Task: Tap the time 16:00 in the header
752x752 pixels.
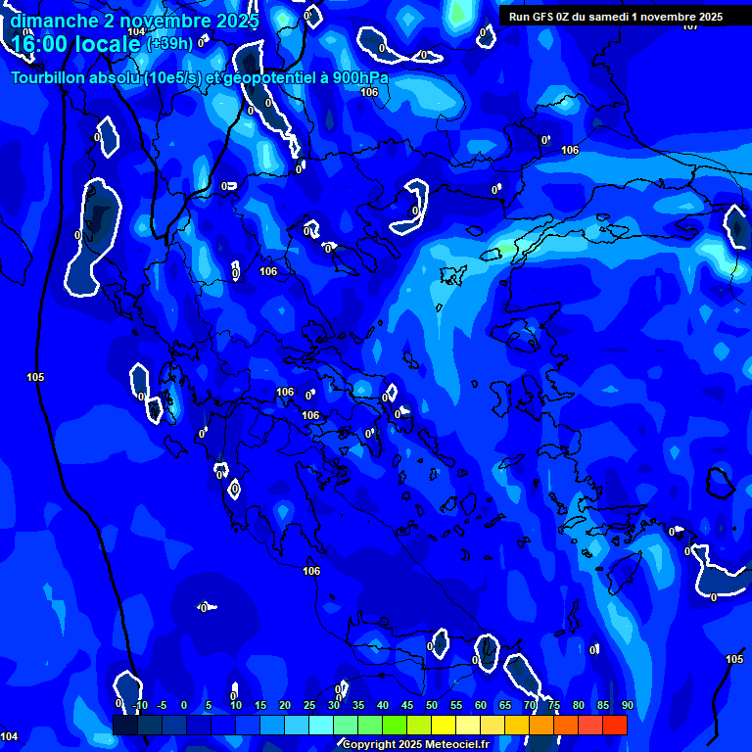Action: click(x=39, y=43)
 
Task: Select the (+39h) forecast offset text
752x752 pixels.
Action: click(x=169, y=43)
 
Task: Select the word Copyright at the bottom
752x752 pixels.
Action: click(x=367, y=745)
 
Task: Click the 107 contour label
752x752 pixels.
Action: click(x=690, y=26)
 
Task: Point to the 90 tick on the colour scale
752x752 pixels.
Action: click(x=627, y=705)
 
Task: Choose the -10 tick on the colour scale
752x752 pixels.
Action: click(x=140, y=705)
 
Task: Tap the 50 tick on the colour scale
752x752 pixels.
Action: click(x=432, y=705)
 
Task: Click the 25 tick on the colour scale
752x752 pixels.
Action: click(x=309, y=705)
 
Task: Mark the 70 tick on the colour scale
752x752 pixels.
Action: click(x=530, y=705)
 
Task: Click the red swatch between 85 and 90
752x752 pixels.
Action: click(x=615, y=725)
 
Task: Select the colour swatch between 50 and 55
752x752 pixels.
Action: click(x=444, y=725)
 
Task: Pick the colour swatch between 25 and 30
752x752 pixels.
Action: click(x=321, y=725)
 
